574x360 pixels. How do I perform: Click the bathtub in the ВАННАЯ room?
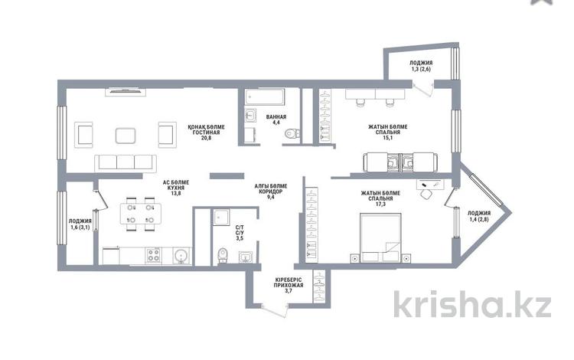click(x=265, y=97)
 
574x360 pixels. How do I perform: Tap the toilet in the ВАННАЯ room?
click(x=292, y=134)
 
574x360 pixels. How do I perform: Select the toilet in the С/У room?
click(x=222, y=255)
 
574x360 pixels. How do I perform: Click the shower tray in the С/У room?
click(x=220, y=218)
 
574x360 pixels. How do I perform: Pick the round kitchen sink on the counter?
click(x=181, y=255)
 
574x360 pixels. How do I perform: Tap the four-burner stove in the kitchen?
click(x=154, y=255)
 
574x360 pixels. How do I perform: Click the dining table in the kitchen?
click(x=141, y=214)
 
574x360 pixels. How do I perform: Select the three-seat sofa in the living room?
click(x=126, y=163)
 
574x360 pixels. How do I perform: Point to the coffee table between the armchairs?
click(x=126, y=136)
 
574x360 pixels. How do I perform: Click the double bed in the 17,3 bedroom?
click(x=380, y=237)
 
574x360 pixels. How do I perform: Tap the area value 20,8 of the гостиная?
click(x=206, y=138)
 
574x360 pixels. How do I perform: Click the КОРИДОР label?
click(x=270, y=191)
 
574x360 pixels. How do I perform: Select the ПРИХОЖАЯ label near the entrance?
click(x=289, y=285)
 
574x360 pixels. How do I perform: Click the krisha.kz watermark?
click(x=472, y=303)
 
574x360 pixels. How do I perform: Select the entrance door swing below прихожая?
click(x=274, y=310)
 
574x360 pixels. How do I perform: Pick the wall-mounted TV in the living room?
click(x=126, y=91)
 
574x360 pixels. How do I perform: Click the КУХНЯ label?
click(x=176, y=188)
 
